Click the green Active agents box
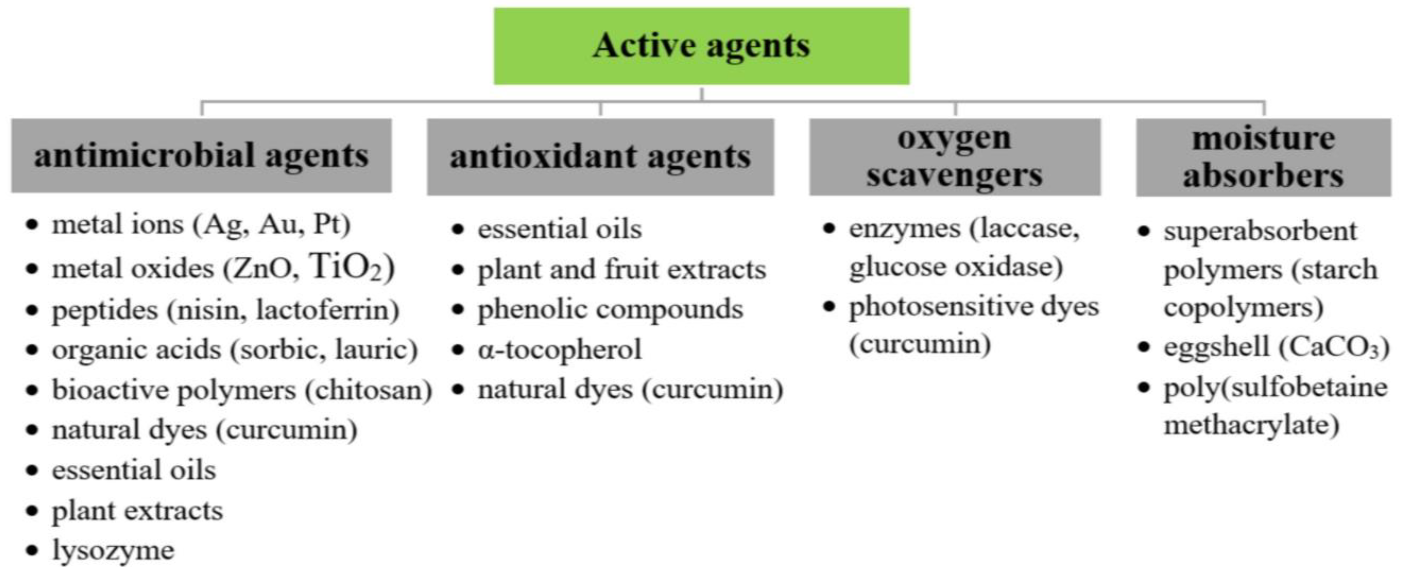pyautogui.click(x=701, y=46)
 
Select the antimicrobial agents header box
pyautogui.click(x=201, y=156)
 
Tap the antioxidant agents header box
pyautogui.click(x=600, y=157)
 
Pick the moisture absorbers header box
pyautogui.click(x=1263, y=158)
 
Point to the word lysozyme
pyautogui.click(x=113, y=551)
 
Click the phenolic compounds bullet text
pyautogui.click(x=610, y=309)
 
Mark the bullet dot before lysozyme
pyautogui.click(x=33, y=551)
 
